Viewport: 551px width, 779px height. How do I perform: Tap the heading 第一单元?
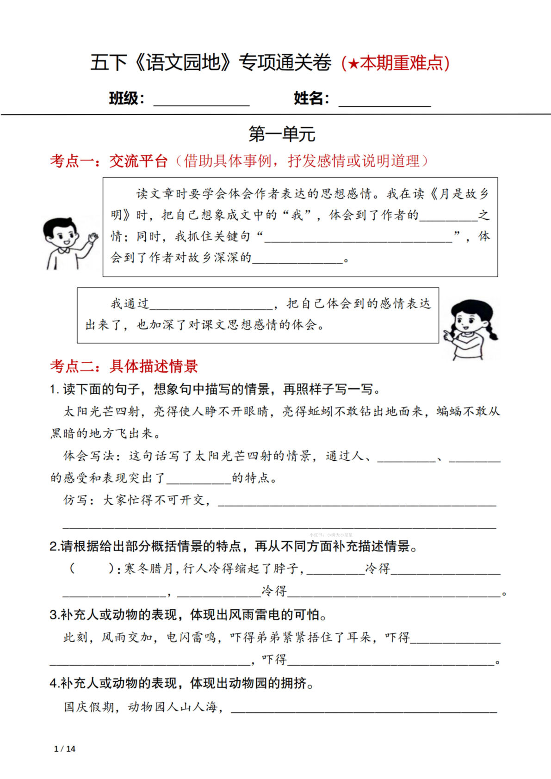click(282, 134)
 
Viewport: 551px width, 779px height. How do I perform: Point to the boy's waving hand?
click(93, 238)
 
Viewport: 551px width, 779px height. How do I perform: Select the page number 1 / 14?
click(65, 748)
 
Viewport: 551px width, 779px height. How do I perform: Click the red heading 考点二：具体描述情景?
click(124, 366)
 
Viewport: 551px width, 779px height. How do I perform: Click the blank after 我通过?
click(211, 304)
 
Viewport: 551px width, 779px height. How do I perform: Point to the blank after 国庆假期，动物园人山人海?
click(363, 708)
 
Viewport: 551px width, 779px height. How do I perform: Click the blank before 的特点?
click(199, 479)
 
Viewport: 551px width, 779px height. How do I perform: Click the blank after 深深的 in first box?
click(297, 258)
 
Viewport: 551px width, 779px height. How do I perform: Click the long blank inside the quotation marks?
click(358, 237)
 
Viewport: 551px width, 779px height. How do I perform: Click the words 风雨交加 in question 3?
click(127, 637)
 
